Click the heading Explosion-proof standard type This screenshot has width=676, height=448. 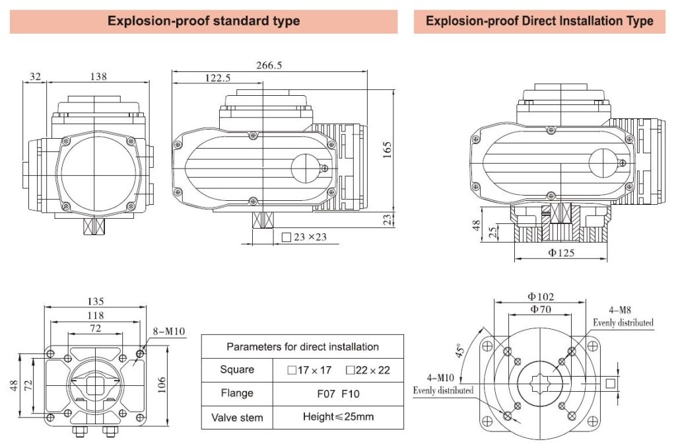coord(203,21)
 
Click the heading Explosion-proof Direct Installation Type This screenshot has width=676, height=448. coord(539,21)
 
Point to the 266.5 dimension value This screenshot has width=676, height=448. coord(269,65)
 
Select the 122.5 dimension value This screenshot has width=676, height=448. coord(217,78)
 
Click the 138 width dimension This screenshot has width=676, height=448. coord(98,77)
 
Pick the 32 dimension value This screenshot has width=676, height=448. coord(35,77)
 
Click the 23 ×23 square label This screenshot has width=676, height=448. coord(308,237)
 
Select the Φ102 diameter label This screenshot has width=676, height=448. coord(541,297)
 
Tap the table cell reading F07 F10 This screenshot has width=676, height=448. coord(338,393)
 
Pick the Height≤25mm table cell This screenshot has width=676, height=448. coord(338,417)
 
